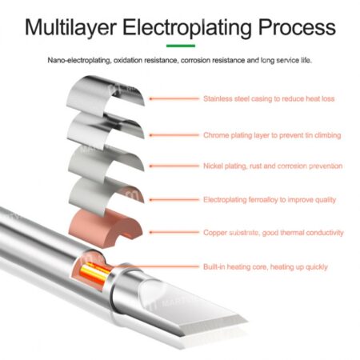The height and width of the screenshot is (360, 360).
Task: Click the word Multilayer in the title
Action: (x=71, y=28)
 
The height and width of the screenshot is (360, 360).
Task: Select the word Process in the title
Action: (x=297, y=26)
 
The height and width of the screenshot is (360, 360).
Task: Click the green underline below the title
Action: (x=181, y=46)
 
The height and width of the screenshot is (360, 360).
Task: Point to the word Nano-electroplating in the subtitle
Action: (x=79, y=61)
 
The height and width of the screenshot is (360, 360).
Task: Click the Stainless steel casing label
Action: (x=269, y=98)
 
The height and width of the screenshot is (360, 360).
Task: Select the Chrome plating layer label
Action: (x=272, y=135)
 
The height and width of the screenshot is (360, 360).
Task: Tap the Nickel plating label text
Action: (x=273, y=166)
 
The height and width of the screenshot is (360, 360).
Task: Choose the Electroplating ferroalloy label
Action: (x=270, y=200)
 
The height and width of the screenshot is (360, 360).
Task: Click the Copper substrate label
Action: (x=274, y=233)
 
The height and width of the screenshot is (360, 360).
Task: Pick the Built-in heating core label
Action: (x=266, y=266)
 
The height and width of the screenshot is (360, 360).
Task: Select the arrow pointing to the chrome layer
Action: (x=174, y=135)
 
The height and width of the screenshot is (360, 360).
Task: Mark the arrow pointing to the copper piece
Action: (x=174, y=232)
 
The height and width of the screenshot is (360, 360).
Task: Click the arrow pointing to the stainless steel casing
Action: (x=174, y=98)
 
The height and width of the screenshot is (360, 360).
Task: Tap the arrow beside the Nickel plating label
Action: (x=174, y=166)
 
